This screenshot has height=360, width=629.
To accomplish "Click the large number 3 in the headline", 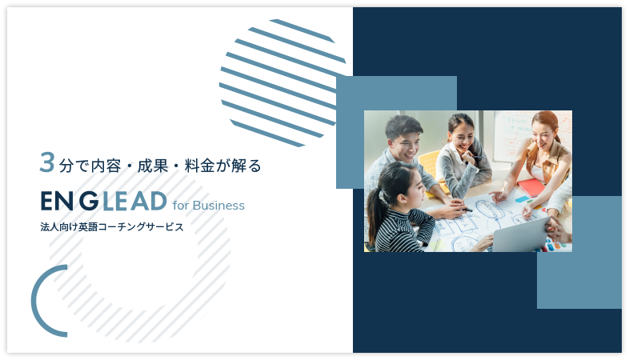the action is coord(47,162).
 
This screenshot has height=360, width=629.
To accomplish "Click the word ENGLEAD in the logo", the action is coord(103,202).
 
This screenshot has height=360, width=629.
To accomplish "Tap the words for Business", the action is coord(209,206).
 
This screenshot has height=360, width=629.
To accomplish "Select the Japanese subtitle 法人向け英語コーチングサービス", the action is coord(112,227).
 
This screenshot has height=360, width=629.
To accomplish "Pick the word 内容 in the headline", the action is coord(106,166).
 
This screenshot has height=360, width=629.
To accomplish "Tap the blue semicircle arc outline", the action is coord(36,301).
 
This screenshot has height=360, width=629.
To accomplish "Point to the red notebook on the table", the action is coord(531,187).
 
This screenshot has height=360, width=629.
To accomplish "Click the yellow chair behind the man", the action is coord(429,164).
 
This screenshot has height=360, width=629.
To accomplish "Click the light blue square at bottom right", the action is coord(579,252).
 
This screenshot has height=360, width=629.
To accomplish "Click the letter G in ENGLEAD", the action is coord(89,202).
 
